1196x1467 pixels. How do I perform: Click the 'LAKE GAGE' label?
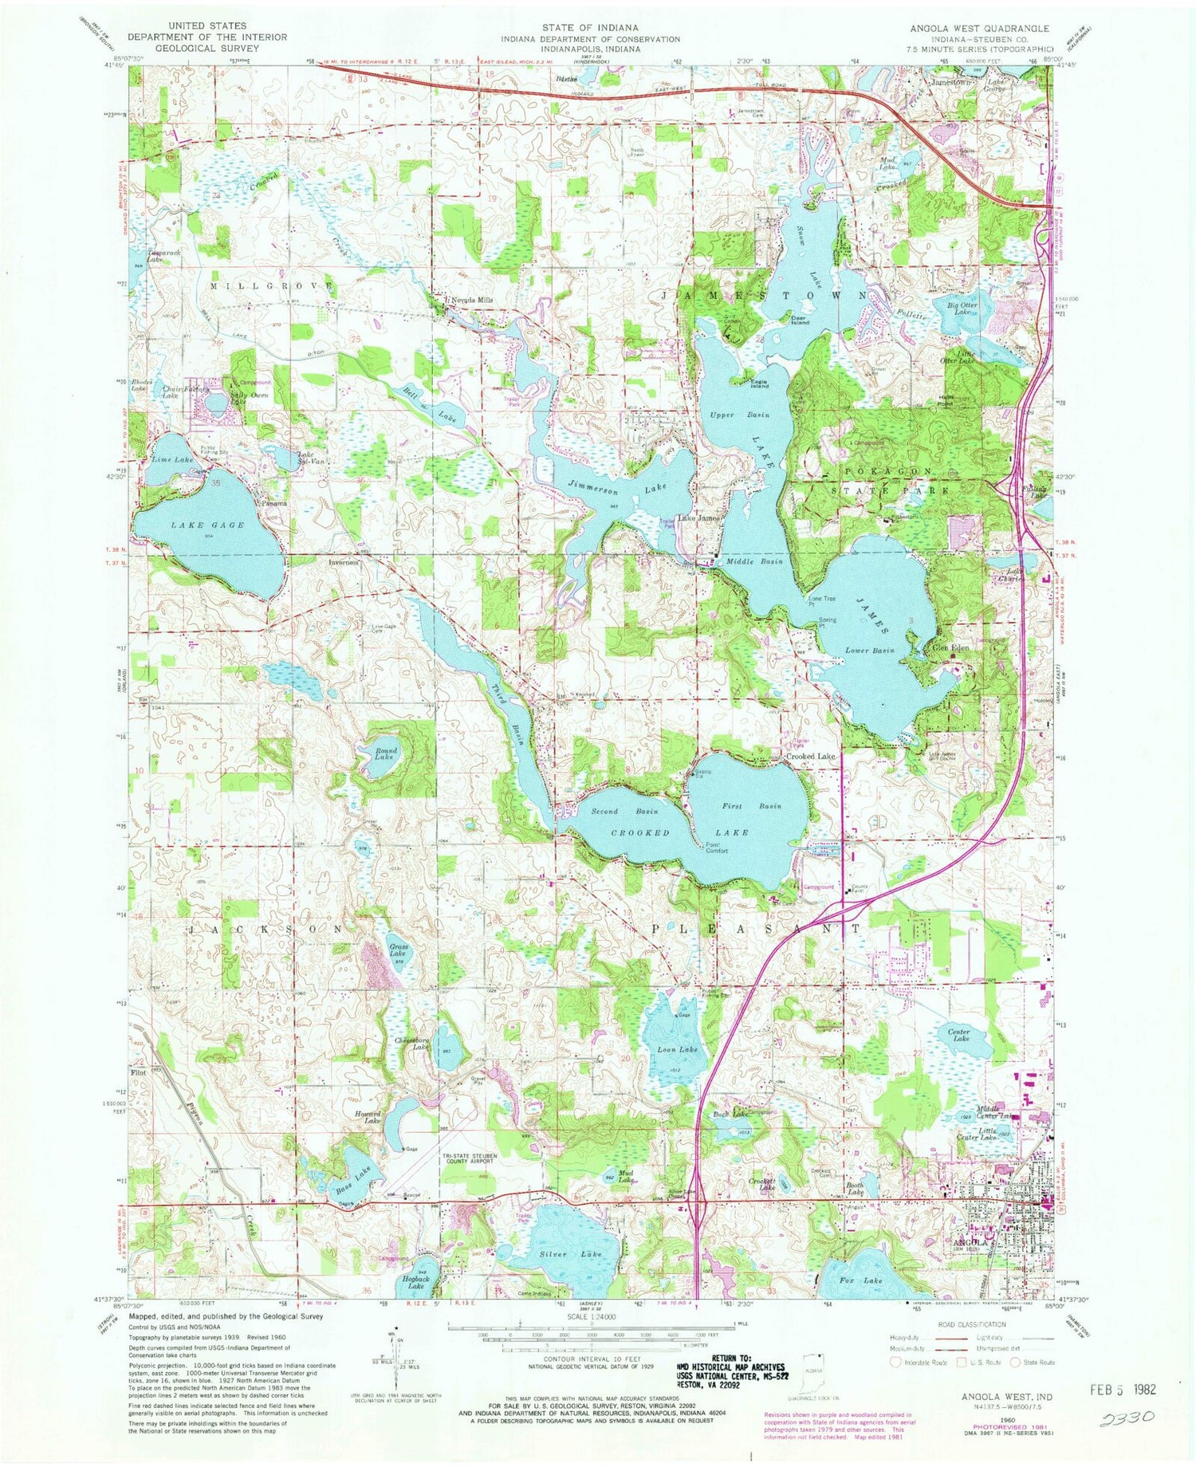207,525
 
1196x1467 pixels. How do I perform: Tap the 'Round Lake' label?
384,753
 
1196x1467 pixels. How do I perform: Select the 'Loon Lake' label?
677,1049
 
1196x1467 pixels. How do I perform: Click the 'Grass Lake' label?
398,950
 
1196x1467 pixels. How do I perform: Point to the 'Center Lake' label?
958,1036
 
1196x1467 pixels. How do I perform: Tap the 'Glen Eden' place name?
950,648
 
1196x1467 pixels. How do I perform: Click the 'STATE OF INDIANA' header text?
591,27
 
